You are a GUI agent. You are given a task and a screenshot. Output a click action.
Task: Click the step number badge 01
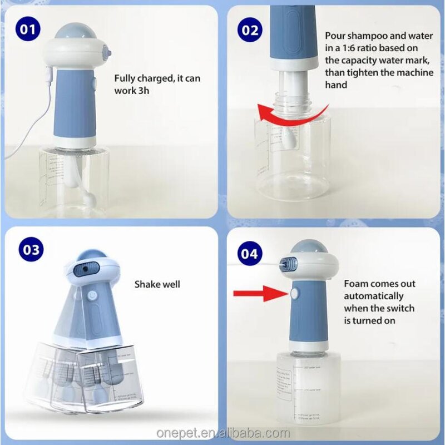point(27,30)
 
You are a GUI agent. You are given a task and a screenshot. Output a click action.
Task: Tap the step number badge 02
point(250,30)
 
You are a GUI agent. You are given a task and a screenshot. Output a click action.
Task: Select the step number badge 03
point(31,250)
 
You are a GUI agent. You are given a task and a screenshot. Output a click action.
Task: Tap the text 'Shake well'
point(157,284)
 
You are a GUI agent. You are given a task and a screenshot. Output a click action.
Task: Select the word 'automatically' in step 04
point(374,296)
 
